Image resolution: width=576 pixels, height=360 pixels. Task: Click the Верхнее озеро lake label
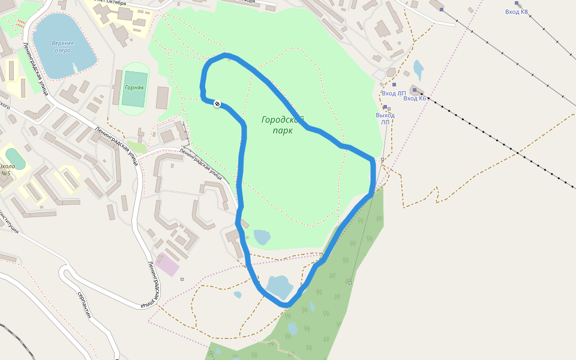click(62, 46)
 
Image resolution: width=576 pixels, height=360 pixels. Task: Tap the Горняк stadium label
click(134, 87)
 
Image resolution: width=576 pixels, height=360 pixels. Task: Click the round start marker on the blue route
click(217, 104)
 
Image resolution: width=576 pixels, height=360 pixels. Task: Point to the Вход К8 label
click(517, 11)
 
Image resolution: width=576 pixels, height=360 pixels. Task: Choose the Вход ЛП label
click(394, 93)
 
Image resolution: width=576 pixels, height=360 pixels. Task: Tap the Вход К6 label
click(415, 98)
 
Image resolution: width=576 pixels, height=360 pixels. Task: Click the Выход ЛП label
click(385, 118)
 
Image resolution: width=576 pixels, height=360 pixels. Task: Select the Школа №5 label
click(7, 169)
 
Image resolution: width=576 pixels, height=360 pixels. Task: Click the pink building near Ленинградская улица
click(168, 265)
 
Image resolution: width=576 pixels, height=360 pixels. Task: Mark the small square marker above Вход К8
click(516, 3)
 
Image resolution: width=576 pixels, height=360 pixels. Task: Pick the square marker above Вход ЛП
click(394, 85)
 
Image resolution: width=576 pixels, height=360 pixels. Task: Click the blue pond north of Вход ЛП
click(418, 68)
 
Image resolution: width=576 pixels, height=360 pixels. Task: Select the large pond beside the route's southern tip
click(278, 286)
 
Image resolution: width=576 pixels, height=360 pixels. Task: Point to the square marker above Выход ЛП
click(385, 107)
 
